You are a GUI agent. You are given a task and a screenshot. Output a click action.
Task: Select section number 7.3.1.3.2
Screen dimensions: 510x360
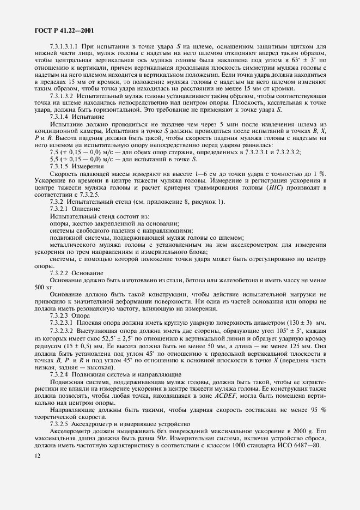pos(64,94)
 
